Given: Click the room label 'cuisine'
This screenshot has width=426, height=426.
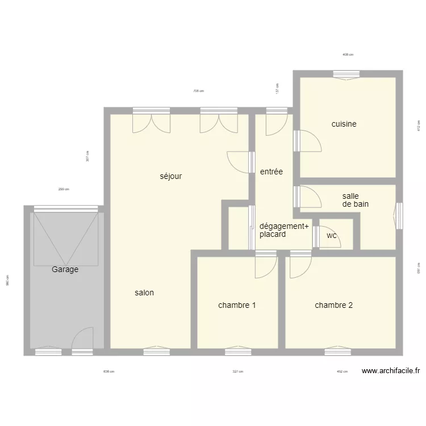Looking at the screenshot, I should point(344,124).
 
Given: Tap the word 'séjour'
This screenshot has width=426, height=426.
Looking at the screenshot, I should point(170,176).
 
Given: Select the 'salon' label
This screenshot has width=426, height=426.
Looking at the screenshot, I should point(144,293).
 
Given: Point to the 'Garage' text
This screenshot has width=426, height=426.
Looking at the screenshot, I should point(65,270).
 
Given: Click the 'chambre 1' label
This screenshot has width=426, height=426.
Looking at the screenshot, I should point(236,305).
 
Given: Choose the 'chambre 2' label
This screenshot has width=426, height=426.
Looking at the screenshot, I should point(333,305).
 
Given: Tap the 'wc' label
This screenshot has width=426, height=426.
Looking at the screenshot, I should point(331,235).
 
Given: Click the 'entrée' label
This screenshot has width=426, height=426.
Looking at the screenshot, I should point(271,172).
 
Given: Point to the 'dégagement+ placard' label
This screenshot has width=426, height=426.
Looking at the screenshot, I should point(283,230).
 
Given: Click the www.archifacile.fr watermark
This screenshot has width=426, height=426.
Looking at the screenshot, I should point(391,371).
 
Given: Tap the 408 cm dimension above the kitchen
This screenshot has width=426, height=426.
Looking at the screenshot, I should point(348,55).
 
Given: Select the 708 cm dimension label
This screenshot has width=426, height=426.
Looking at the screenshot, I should point(198,91).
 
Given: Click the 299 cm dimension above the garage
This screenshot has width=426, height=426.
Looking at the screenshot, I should point(64,190).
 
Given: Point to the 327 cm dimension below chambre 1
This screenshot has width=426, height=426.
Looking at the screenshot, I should point(237,372).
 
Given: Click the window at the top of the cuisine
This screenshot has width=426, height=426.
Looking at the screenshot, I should point(346,74).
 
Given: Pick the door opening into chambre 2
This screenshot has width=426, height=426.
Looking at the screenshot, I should point(300,266).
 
